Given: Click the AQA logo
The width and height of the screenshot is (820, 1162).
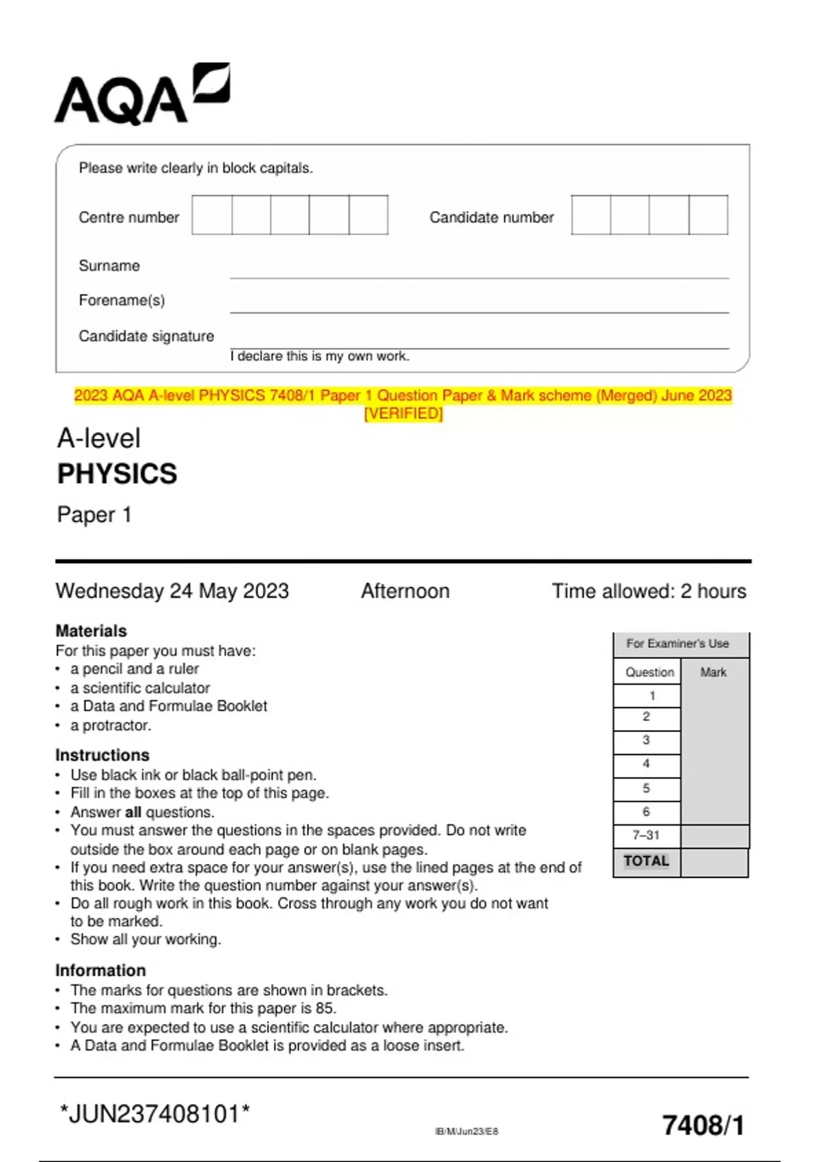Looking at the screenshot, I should [141, 96].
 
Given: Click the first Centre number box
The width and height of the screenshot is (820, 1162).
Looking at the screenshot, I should [212, 215].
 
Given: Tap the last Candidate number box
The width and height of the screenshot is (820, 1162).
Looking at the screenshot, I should [709, 215].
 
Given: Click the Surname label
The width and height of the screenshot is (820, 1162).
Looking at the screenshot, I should [109, 266].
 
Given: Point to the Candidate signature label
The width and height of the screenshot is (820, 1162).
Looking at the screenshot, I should [146, 336].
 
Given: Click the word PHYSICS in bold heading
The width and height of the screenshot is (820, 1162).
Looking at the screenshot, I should [117, 474].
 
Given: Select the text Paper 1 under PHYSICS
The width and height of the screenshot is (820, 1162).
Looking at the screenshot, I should [94, 515].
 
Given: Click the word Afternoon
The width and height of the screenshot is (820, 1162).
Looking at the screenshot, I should [405, 591].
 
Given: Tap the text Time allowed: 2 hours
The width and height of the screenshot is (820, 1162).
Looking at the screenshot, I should [648, 591].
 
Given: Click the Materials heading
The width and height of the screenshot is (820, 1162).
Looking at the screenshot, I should [91, 631].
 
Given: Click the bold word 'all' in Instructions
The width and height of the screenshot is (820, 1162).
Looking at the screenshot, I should [133, 812].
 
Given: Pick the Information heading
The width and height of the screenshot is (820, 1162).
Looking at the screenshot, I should [100, 971].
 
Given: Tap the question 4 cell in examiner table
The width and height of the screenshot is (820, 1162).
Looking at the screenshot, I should [646, 764].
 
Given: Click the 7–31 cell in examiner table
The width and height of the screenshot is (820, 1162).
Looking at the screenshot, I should [646, 835].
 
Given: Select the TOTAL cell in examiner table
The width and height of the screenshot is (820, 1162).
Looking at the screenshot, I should [646, 861].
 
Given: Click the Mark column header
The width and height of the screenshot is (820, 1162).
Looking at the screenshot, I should [713, 672].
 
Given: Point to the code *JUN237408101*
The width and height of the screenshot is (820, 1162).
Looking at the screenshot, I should [155, 1114].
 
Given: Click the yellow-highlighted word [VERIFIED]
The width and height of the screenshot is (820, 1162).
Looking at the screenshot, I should [403, 414].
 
